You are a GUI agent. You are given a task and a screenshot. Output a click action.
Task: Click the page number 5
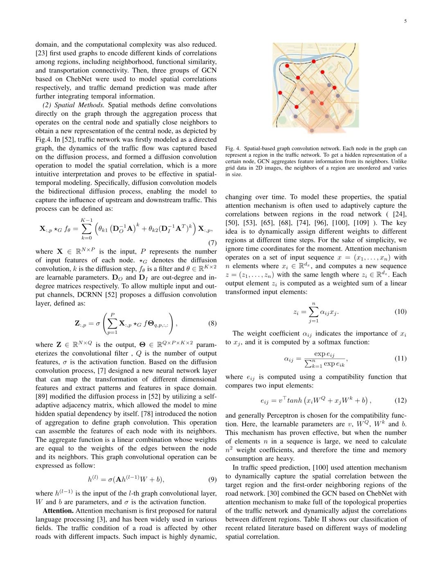click(405, 21)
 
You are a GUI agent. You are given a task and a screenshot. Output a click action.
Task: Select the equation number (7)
click(212, 243)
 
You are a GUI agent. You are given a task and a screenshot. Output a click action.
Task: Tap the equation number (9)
click(212, 479)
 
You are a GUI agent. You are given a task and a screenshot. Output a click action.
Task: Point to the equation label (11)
click(400, 358)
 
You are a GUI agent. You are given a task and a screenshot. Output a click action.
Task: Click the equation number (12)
click(400, 400)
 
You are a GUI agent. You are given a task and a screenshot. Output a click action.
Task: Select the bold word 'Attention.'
click(58, 511)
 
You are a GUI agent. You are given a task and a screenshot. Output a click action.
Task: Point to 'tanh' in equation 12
click(294, 400)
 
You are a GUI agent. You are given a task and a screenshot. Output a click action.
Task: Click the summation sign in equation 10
click(313, 312)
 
